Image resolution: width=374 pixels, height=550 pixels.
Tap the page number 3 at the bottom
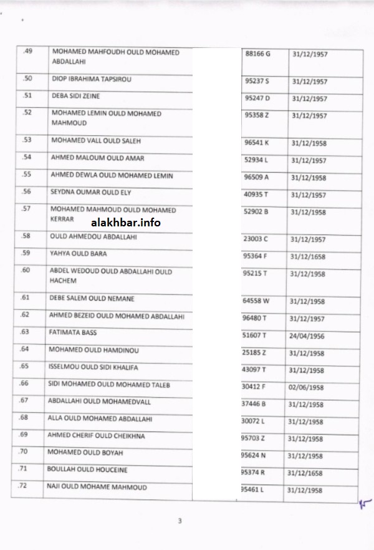[180, 521]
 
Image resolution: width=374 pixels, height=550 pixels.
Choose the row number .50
[27, 79]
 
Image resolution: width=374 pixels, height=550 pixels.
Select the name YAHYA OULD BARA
[78, 254]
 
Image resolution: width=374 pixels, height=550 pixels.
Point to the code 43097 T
[257, 369]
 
